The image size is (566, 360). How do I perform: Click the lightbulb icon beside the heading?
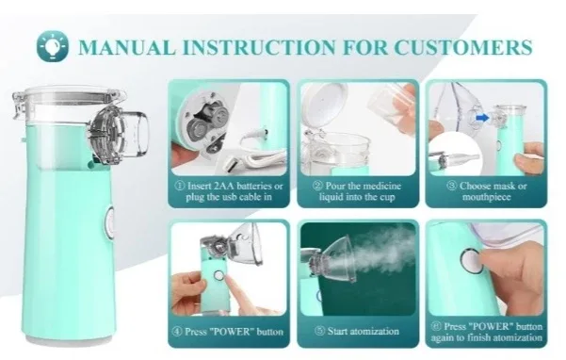53,45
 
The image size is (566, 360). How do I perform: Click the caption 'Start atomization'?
356,331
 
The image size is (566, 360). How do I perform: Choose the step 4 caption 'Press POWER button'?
228,331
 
